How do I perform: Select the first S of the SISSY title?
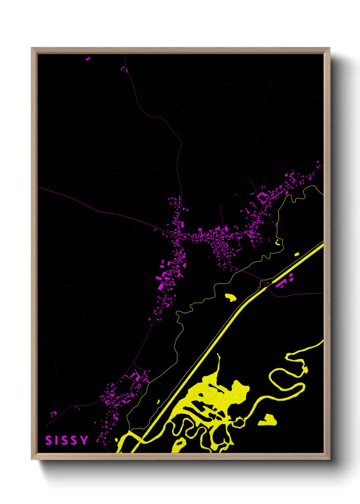tap(48, 440)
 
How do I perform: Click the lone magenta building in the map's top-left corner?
tap(88, 59)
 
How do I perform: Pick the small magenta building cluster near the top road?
tap(124, 69)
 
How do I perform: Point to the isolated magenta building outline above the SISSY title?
tap(53, 414)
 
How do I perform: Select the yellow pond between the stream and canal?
tap(231, 297)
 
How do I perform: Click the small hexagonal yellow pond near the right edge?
tap(297, 254)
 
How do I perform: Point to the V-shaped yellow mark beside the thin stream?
tap(278, 242)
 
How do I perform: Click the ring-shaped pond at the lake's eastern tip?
tap(239, 423)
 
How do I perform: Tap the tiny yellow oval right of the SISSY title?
tap(116, 440)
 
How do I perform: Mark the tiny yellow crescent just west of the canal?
tap(158, 402)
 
